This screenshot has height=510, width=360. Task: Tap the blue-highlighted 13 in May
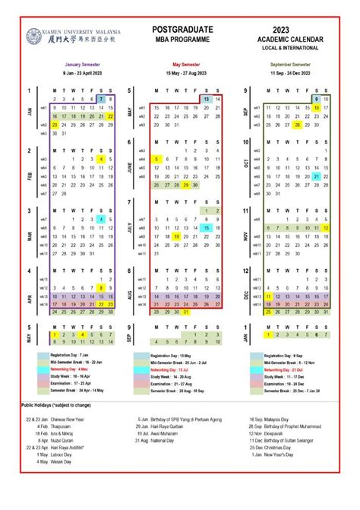point(206,99)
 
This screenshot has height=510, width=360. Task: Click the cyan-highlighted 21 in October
point(315,176)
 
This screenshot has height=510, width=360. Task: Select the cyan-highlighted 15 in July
point(206,227)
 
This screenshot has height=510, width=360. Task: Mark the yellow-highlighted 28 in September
point(297,125)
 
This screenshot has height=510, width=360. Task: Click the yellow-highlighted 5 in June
point(156,159)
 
